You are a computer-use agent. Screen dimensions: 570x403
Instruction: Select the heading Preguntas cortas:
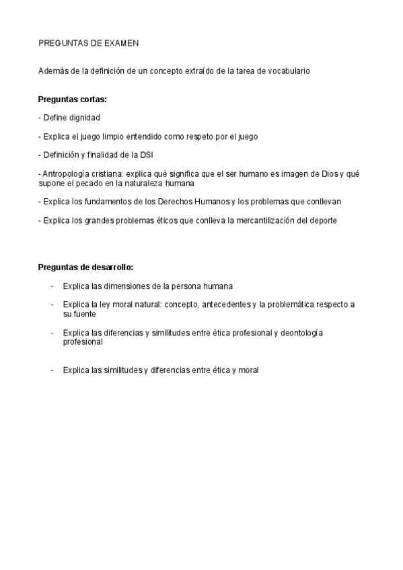click(73, 99)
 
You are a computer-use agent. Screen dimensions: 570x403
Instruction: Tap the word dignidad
click(84, 118)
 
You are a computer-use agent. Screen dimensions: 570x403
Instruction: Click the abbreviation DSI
click(147, 155)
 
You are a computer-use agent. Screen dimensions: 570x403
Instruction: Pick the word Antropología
click(65, 173)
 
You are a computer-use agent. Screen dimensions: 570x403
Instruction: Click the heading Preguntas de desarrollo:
click(86, 267)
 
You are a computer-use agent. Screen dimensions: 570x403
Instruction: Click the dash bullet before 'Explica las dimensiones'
click(52, 286)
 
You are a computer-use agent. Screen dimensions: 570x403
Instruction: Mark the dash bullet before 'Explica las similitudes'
click(52, 370)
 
